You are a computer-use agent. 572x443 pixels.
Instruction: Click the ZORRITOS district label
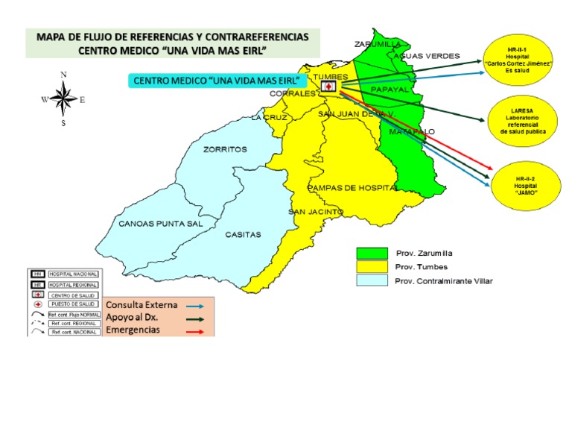pyautogui.click(x=225, y=150)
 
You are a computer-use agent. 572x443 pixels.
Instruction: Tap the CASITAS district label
pyautogui.click(x=243, y=235)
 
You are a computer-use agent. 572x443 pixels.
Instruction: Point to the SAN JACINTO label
pyautogui.click(x=316, y=212)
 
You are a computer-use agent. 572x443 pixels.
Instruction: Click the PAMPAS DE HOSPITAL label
pyautogui.click(x=352, y=188)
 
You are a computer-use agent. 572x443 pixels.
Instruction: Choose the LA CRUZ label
pyautogui.click(x=269, y=118)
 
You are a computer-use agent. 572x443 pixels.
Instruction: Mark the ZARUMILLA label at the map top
pyautogui.click(x=378, y=43)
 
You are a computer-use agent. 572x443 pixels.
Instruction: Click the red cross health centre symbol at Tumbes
pyautogui.click(x=328, y=87)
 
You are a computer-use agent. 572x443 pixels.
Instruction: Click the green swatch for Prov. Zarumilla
pyautogui.click(x=372, y=254)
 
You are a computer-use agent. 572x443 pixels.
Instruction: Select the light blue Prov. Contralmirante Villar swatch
pyautogui.click(x=372, y=280)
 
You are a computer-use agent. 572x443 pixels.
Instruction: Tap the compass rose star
pyautogui.click(x=63, y=98)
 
